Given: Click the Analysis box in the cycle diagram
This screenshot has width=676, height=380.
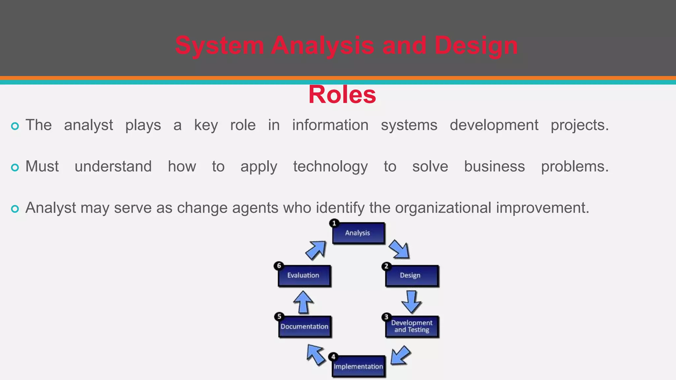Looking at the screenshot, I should (x=358, y=233).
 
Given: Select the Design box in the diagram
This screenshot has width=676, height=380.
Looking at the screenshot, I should (x=412, y=275).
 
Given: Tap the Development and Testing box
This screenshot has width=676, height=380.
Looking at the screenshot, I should (x=412, y=327).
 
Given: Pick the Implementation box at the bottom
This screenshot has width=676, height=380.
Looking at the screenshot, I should (x=358, y=366).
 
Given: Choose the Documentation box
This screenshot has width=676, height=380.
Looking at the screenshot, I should (x=304, y=327).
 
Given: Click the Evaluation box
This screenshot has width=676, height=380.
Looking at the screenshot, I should (x=304, y=275).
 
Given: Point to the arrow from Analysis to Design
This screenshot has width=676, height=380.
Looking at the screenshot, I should (x=399, y=249).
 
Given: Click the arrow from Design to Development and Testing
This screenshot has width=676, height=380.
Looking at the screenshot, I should (x=411, y=301).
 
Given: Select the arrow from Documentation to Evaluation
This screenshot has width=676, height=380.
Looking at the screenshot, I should (x=303, y=302).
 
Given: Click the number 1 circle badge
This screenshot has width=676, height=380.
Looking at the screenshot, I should (x=334, y=223).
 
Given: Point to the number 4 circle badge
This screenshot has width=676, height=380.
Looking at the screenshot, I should (x=333, y=357).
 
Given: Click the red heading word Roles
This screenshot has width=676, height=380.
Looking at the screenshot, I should (x=342, y=95).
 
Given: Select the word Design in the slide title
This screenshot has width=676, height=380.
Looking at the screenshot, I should (x=476, y=46).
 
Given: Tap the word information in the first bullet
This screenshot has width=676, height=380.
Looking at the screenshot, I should (x=330, y=125).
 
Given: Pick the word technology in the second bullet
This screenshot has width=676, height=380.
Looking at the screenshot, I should (x=330, y=167).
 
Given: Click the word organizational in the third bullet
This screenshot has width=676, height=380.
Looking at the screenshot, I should (x=443, y=208).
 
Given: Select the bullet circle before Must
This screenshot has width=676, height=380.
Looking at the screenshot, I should (x=15, y=167).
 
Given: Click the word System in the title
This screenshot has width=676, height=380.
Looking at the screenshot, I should (x=219, y=46).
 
